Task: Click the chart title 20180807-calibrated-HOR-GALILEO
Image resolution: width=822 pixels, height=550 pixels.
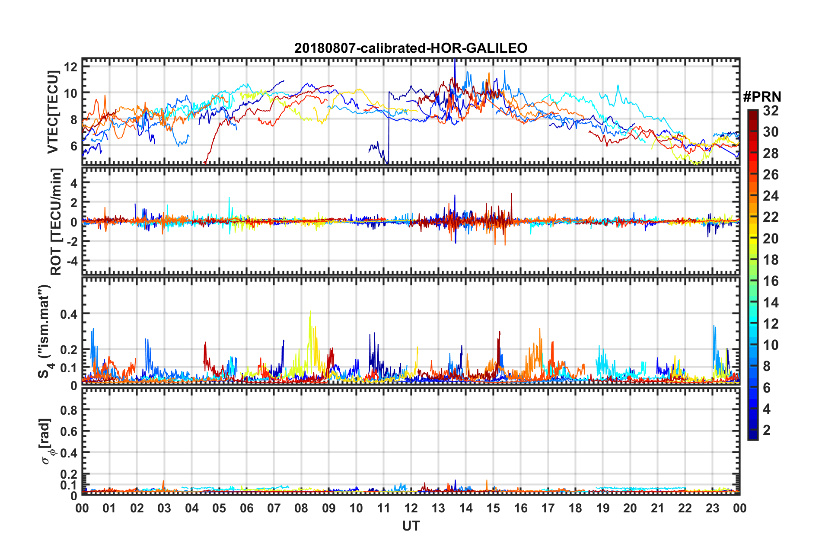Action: click(x=411, y=48)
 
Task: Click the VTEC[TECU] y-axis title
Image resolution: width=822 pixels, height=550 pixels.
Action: click(x=53, y=112)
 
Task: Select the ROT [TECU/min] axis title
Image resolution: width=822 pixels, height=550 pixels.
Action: click(x=56, y=221)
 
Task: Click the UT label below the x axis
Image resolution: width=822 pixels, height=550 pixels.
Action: click(x=411, y=526)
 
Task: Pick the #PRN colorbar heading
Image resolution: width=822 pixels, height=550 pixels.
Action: click(x=762, y=97)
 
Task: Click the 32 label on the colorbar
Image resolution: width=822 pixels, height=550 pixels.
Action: click(x=771, y=111)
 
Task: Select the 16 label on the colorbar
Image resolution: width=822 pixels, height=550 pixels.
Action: click(x=771, y=281)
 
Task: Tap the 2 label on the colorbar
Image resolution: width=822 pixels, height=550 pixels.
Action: click(x=767, y=430)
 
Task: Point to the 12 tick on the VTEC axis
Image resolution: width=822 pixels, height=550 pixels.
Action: click(x=71, y=67)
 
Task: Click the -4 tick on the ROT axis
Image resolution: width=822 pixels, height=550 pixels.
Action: click(x=71, y=261)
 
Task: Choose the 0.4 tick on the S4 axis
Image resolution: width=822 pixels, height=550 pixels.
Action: click(x=69, y=314)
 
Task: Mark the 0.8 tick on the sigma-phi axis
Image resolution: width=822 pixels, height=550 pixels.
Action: click(x=69, y=410)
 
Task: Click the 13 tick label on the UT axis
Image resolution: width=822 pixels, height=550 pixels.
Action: click(x=438, y=508)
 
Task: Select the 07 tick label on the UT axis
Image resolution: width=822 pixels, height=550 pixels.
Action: click(x=274, y=508)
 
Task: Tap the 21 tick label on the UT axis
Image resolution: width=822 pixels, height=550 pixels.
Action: click(x=657, y=508)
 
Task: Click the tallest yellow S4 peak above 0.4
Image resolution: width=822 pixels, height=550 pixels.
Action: click(x=310, y=311)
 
